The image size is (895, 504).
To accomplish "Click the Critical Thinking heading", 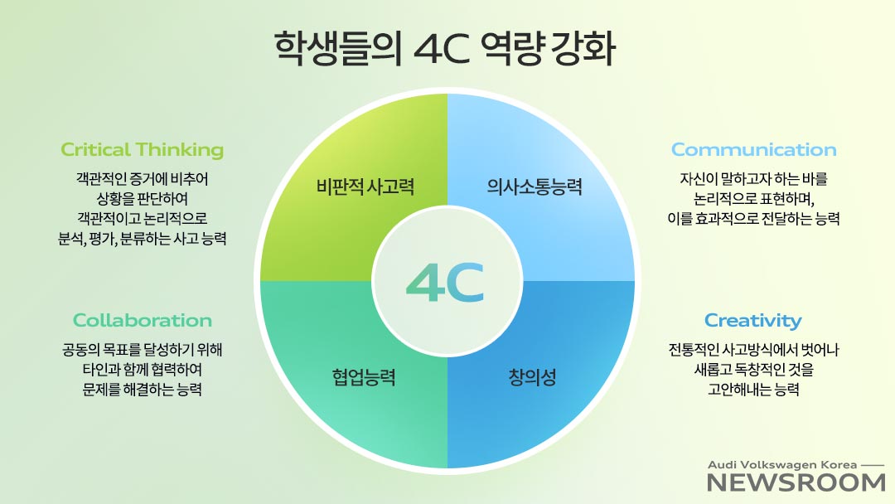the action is [143, 149].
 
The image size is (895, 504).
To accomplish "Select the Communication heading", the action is [753, 149].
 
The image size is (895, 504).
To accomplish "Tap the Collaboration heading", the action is [143, 320].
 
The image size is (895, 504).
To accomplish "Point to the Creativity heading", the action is [752, 321].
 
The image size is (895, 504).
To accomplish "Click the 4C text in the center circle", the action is [445, 282].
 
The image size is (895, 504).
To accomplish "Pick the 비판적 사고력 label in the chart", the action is [365, 187].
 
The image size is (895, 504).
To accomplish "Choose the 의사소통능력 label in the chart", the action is [535, 187].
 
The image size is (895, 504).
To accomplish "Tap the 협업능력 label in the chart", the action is [364, 376].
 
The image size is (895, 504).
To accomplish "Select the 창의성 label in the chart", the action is [532, 376].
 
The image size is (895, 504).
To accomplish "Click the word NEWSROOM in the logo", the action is [796, 483].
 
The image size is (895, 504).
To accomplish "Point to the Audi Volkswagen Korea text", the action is [782, 465].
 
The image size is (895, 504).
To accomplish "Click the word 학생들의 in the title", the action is [338, 49].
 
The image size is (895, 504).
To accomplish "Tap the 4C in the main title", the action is [441, 49].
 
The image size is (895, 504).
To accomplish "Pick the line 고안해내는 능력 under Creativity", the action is [753, 390].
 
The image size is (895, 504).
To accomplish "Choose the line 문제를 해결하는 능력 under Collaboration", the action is [143, 390].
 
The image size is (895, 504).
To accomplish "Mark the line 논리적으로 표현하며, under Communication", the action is [753, 199].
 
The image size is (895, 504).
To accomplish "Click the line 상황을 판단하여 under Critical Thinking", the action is [143, 199].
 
